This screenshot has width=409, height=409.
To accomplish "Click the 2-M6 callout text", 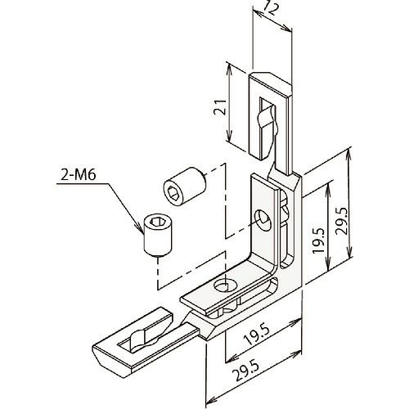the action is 79,174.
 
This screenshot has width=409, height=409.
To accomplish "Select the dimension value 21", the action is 220,107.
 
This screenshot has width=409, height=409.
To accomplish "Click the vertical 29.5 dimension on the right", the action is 341,221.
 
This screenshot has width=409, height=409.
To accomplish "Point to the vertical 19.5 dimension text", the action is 318,240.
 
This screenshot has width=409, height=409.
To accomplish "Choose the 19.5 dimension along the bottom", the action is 257,335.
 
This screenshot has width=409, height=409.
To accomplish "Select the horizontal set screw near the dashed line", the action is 184,187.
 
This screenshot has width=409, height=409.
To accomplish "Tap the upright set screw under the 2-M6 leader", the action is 158,236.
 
